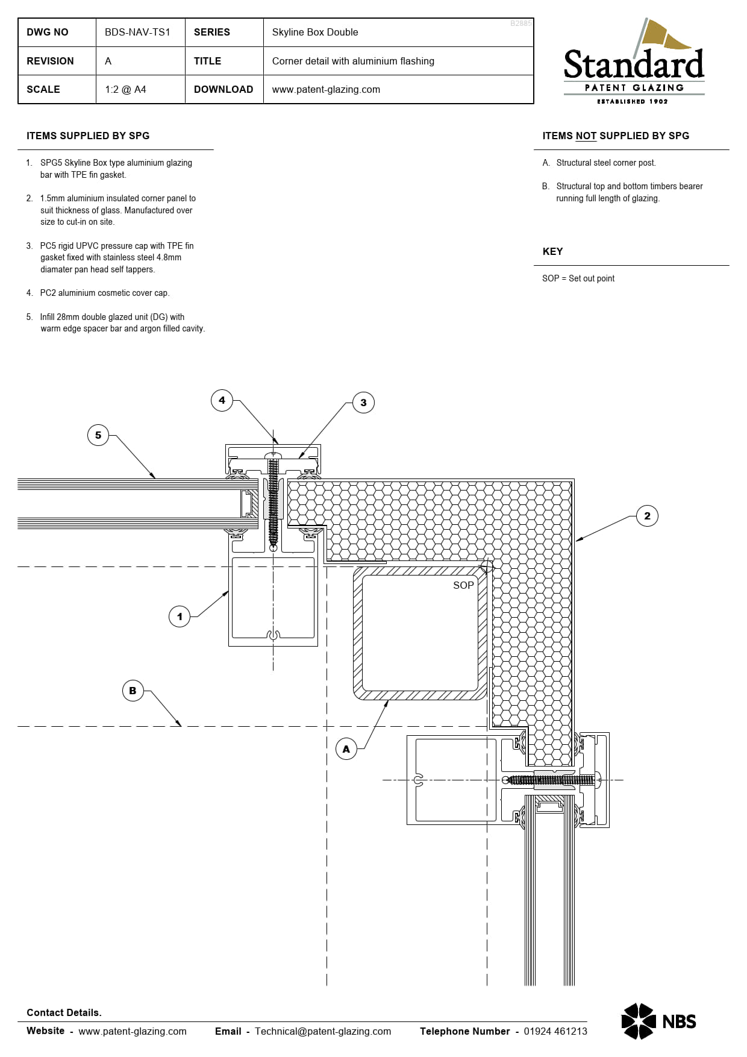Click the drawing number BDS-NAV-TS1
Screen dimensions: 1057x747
click(137, 33)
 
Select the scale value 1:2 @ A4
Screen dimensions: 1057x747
click(125, 90)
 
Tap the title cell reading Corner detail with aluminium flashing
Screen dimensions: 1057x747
click(353, 61)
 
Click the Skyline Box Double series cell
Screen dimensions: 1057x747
click(315, 33)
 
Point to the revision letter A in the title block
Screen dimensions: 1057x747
click(108, 61)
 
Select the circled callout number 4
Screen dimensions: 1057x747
click(222, 400)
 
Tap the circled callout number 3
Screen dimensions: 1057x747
click(363, 403)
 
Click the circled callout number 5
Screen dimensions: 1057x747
click(98, 435)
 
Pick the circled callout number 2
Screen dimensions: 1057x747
click(647, 516)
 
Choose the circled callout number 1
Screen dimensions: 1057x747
click(180, 616)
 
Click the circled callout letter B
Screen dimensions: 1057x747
click(133, 691)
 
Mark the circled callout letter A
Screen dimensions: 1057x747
click(346, 749)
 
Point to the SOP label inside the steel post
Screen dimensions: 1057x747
click(463, 585)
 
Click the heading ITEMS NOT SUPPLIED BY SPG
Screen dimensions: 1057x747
click(616, 136)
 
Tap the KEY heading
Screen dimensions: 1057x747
click(552, 252)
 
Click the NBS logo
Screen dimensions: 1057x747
click(658, 1021)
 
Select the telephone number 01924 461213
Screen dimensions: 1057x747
click(555, 1031)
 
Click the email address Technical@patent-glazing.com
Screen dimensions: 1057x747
click(323, 1031)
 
